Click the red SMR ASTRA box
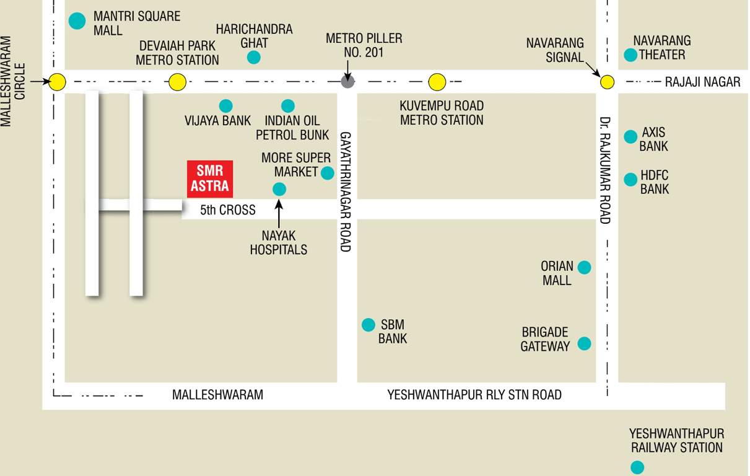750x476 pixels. (x=210, y=178)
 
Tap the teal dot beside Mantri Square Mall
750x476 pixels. (x=77, y=21)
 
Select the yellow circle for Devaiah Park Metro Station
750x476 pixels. (x=178, y=82)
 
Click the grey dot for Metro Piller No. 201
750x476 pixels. (x=347, y=82)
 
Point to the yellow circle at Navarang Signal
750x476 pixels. (x=607, y=82)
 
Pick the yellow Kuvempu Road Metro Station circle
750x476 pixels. (x=437, y=82)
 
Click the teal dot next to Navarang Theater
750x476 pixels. (x=630, y=55)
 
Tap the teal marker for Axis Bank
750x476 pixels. (x=630, y=136)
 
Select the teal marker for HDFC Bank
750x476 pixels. (x=630, y=180)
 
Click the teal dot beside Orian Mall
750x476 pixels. (x=584, y=267)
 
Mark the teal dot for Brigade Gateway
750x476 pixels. (x=584, y=343)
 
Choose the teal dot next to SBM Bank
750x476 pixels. (x=368, y=324)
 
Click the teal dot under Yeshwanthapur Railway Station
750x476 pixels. (x=637, y=467)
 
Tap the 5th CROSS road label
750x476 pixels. (x=228, y=210)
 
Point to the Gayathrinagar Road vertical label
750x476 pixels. (x=346, y=191)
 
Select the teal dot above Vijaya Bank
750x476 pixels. (x=226, y=105)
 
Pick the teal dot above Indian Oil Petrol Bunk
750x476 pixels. (x=288, y=105)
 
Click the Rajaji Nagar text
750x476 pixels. (x=702, y=82)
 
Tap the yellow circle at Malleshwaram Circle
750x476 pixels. (x=58, y=82)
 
